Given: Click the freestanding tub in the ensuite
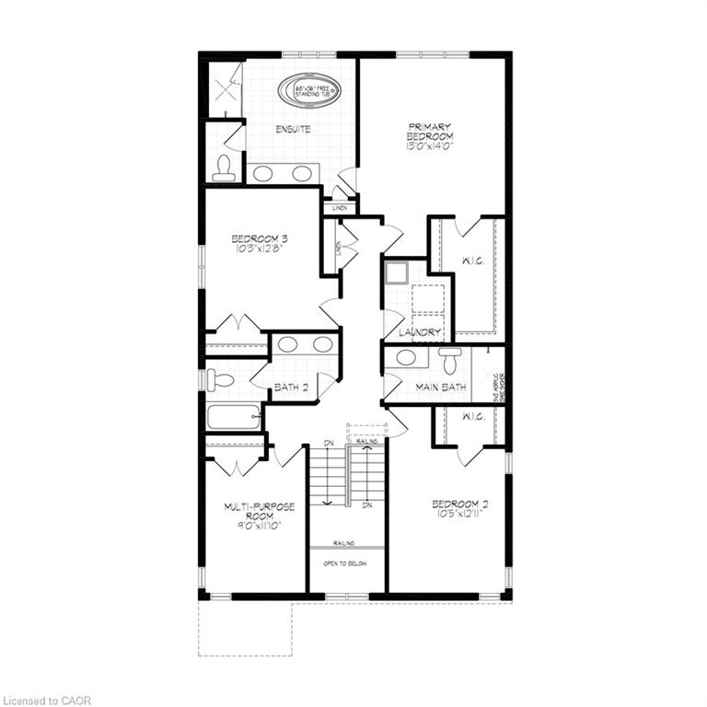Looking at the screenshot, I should (x=316, y=91).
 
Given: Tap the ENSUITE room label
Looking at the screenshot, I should (x=293, y=130).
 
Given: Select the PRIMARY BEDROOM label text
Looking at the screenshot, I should (x=432, y=131).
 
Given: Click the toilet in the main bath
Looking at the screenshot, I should (x=449, y=360).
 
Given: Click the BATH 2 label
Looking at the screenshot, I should (x=292, y=388).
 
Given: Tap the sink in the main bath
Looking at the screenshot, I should (x=406, y=357).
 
